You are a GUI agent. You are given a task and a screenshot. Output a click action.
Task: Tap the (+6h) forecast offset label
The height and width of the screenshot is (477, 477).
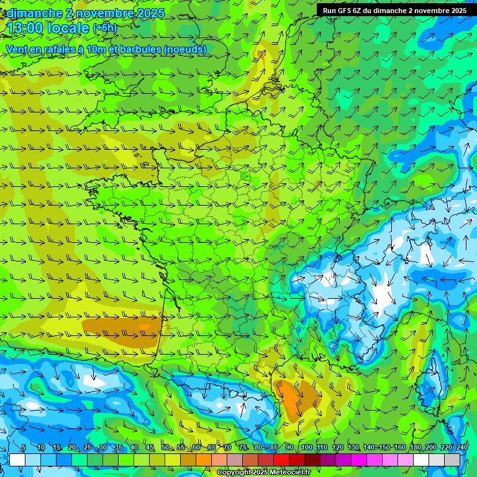(104, 28)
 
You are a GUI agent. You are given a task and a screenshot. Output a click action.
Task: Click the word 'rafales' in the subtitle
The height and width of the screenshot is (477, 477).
(53, 49)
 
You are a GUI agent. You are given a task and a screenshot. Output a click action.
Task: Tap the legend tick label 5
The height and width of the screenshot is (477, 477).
(23, 448)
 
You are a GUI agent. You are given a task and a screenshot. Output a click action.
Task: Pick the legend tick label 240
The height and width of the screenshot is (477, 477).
(461, 448)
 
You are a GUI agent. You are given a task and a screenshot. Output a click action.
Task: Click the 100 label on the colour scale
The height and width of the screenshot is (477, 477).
(306, 448)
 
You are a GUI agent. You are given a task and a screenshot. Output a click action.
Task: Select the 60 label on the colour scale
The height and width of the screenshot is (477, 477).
(196, 448)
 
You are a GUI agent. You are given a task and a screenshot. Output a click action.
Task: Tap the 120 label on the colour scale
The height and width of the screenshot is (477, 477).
(337, 448)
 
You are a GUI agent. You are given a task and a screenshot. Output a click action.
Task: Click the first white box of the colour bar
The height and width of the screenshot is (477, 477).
(17, 460)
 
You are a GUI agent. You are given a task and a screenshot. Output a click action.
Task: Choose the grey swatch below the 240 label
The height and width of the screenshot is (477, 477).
(453, 460)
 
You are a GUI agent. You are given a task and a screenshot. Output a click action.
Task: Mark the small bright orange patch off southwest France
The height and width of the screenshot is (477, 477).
(144, 326)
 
